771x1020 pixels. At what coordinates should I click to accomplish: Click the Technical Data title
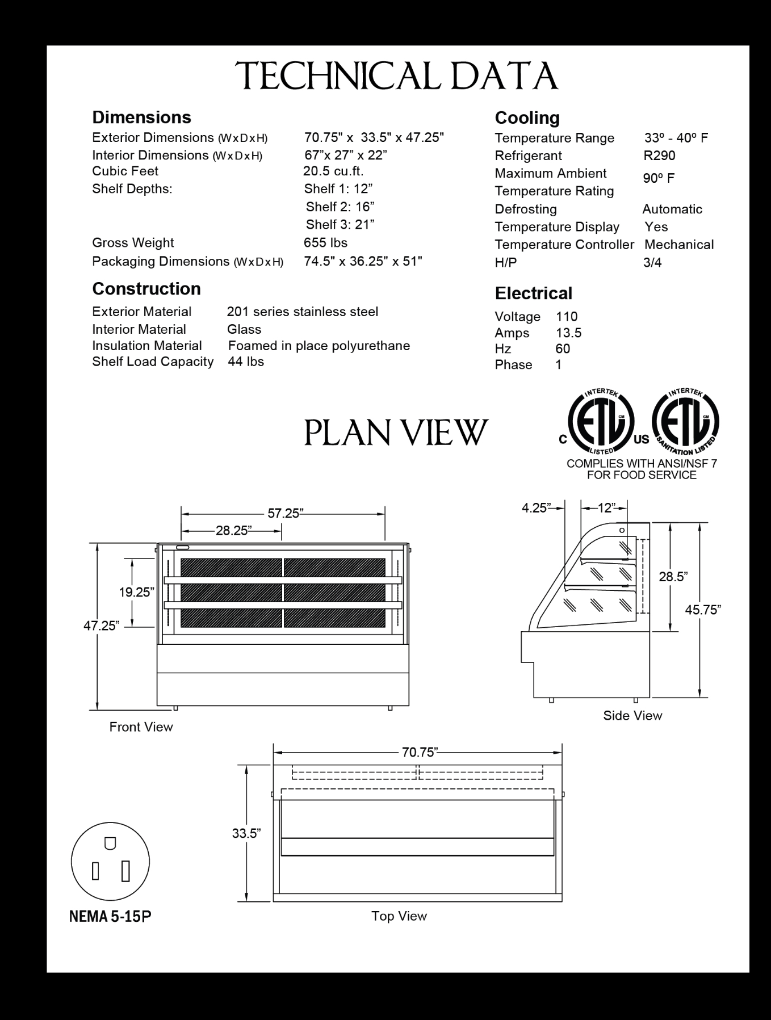pos(397,76)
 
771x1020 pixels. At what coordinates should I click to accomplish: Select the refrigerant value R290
pos(659,156)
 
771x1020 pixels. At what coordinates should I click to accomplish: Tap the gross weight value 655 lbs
pos(325,243)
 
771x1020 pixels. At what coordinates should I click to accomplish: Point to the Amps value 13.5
pos(568,333)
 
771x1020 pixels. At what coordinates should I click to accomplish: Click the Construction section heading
pos(146,289)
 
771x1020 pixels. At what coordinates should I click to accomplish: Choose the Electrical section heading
pos(533,293)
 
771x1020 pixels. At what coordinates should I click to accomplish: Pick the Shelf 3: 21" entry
pos(340,225)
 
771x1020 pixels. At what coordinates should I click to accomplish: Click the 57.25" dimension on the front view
pos(283,513)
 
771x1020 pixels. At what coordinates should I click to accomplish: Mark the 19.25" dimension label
pos(136,592)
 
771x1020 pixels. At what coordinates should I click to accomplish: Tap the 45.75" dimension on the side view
pos(703,610)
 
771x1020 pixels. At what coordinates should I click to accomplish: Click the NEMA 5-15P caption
pos(110,917)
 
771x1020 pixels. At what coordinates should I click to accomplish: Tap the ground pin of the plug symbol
pos(111,843)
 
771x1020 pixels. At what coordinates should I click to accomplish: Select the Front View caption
pos(141,727)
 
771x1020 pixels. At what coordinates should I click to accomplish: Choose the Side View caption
pos(632,716)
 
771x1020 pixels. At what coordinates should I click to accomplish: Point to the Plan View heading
pos(396,433)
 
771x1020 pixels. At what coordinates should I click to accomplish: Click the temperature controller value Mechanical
pos(679,245)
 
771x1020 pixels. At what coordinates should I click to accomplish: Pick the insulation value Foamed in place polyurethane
pos(319,346)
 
